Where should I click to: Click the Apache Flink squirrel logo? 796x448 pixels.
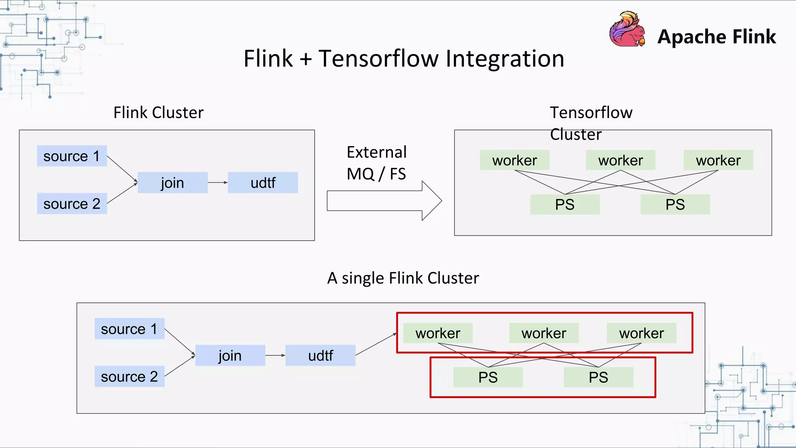627,30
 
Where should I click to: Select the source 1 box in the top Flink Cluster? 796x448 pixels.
72,156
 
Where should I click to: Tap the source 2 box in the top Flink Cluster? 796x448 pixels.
72,204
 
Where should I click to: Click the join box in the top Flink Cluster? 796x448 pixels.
173,183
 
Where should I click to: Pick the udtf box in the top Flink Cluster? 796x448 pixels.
263,183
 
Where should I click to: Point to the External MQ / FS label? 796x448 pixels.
376,163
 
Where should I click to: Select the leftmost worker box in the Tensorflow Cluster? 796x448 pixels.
515,160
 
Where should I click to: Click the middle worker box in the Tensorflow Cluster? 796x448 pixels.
620,160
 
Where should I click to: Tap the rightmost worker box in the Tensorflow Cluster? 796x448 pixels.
718,160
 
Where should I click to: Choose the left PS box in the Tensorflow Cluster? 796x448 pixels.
565,205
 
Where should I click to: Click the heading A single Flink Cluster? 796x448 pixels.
403,278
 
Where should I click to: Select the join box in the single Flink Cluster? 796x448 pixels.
230,355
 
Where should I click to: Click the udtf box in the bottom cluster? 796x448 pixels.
320,355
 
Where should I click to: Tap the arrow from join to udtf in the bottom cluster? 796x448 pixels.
275,355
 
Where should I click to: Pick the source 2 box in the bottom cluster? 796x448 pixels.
129,376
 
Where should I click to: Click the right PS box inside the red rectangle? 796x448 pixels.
598,377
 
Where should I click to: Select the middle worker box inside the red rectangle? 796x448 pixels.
544,333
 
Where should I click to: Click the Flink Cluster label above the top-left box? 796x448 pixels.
158,113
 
